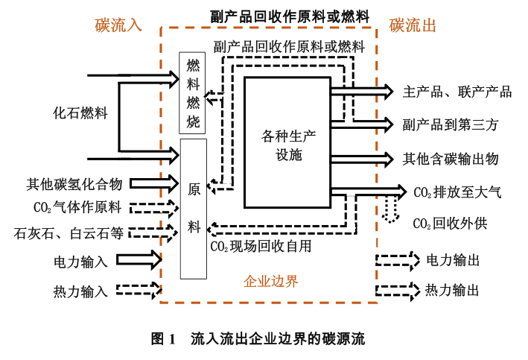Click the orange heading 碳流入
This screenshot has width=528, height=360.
click(118, 25)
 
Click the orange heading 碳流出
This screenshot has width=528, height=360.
click(413, 25)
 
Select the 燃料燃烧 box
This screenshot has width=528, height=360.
click(193, 92)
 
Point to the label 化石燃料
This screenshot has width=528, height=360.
click(80, 114)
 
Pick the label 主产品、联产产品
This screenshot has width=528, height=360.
click(457, 92)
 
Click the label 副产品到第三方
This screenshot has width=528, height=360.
click(450, 124)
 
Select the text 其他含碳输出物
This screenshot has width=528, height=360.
click(450, 158)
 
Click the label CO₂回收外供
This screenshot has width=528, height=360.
click(450, 223)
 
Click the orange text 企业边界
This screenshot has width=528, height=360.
click(271, 282)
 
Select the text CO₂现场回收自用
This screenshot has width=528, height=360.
click(261, 245)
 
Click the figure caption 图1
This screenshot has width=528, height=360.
click(162, 339)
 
